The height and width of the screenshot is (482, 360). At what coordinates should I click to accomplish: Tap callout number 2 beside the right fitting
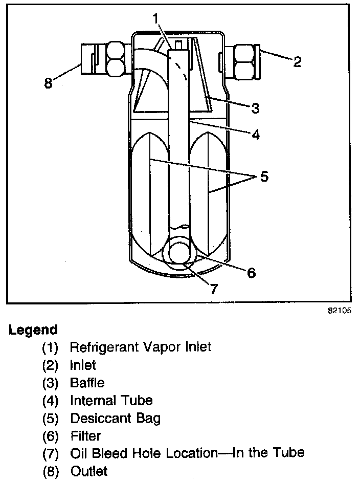(x=297, y=62)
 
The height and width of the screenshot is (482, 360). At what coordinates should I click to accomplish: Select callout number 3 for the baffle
(x=255, y=108)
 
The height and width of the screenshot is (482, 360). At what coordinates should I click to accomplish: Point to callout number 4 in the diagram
(x=255, y=135)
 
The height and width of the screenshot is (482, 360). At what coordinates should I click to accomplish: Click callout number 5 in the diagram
(x=263, y=177)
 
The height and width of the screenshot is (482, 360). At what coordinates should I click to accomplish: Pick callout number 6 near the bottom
(x=251, y=272)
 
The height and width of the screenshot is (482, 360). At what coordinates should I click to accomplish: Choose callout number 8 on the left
(x=49, y=83)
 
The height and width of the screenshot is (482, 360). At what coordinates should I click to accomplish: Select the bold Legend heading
(x=33, y=330)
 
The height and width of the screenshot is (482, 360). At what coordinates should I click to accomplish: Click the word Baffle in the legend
(x=87, y=382)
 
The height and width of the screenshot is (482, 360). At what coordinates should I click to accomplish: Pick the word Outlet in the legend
(x=89, y=470)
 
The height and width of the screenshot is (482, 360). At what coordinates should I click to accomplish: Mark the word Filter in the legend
(x=85, y=435)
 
